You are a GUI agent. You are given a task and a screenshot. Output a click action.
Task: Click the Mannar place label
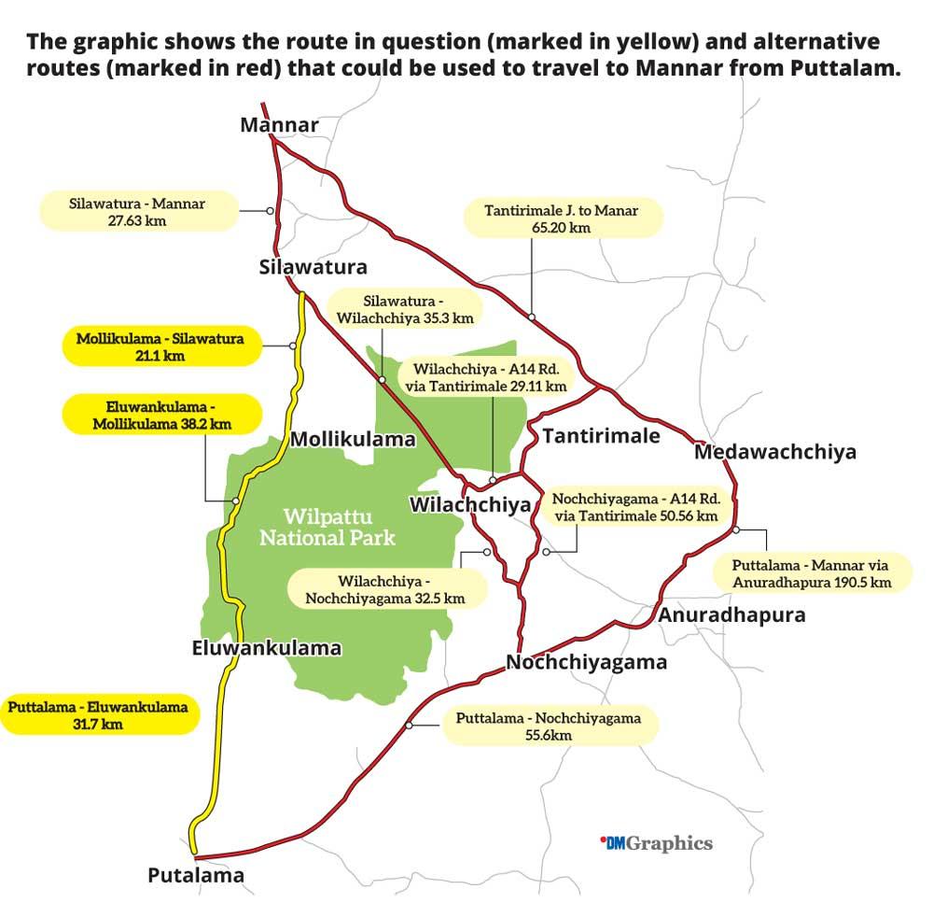pos(279,125)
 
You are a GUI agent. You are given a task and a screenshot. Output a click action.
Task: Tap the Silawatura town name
pos(313,268)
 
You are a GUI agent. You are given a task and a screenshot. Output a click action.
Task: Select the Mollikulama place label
pos(353,440)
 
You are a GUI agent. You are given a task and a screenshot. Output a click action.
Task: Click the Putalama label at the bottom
pos(196,876)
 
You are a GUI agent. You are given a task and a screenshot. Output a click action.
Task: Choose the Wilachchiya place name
pos(470,505)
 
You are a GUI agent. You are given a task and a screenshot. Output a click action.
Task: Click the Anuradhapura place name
pos(731,615)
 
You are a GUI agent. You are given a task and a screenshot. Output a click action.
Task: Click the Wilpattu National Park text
pos(327,527)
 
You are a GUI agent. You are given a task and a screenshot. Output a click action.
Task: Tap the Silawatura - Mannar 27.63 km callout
pos(137,211)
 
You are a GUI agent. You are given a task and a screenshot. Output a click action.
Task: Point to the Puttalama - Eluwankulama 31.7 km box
pos(98,715)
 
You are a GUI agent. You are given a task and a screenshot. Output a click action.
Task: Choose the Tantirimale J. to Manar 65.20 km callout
pos(562,219)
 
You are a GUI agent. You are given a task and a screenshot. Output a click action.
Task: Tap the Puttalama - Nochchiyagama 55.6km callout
pos(548,726)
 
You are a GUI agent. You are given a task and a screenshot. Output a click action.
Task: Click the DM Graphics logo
pos(656,843)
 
